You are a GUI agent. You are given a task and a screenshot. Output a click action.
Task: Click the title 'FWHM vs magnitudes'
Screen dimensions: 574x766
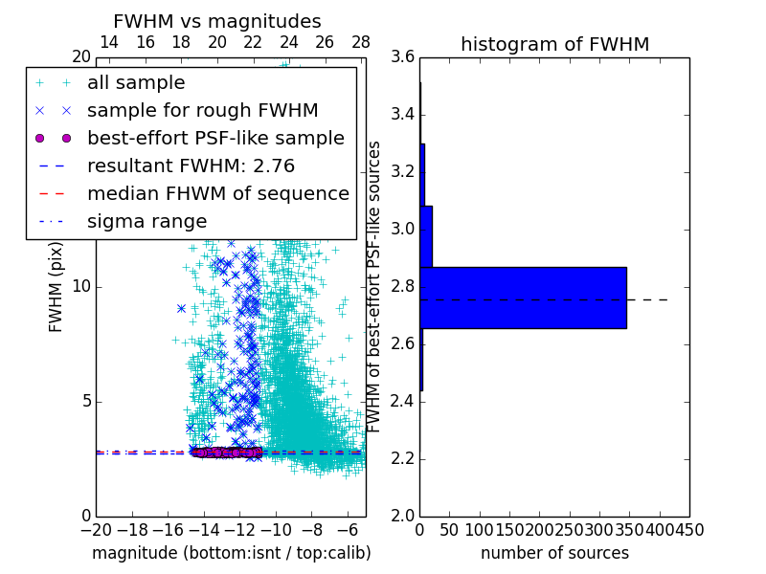(217, 22)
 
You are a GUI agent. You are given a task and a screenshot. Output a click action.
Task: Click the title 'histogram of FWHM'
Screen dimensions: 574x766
(554, 44)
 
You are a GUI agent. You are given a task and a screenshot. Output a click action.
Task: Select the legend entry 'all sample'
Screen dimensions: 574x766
(136, 83)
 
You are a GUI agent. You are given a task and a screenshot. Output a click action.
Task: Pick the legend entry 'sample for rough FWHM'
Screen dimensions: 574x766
(202, 110)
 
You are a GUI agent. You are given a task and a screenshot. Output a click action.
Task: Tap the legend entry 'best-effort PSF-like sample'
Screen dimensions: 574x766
(215, 138)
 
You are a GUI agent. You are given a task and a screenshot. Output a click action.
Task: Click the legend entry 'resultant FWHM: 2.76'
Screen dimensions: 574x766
(191, 166)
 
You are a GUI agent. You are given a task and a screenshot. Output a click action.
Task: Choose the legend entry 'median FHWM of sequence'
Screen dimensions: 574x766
(217, 193)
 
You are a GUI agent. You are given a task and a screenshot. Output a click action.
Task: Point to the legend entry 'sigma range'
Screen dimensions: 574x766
(146, 221)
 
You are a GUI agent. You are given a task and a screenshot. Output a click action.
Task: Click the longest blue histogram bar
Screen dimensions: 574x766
(523, 298)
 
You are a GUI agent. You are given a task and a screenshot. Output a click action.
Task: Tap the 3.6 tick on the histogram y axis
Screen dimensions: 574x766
(403, 57)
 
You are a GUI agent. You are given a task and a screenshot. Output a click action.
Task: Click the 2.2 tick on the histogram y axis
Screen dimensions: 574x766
(403, 458)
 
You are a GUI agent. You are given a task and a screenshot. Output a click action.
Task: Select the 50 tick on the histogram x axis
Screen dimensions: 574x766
(449, 529)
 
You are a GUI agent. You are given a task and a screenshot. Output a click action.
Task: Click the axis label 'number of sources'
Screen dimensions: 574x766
(554, 553)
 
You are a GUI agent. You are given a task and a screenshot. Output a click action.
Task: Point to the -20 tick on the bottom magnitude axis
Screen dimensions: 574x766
(96, 529)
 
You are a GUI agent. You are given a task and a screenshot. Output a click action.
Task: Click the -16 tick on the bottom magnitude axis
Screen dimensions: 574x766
(168, 529)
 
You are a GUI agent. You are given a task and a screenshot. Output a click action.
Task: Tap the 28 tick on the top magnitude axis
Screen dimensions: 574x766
(361, 42)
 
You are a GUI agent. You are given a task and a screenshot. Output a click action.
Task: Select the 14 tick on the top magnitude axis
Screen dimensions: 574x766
(109, 42)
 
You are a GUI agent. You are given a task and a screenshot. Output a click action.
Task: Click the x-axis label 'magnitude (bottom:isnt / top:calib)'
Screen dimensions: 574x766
(231, 553)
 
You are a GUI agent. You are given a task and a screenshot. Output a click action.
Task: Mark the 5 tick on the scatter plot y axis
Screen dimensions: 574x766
(85, 401)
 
